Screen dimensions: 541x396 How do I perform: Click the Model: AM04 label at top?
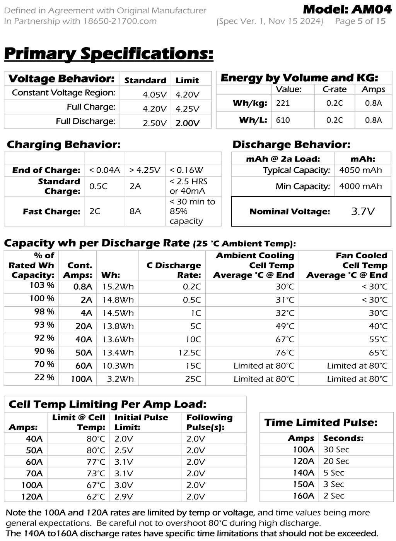coord(347,9)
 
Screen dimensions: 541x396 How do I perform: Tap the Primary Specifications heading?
coord(109,53)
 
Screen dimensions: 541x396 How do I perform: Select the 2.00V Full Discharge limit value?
coord(188,123)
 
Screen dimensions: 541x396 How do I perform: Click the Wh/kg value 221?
coord(283,103)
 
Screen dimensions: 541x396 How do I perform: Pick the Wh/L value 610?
coord(283,120)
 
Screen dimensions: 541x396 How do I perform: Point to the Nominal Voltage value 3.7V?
coord(363,211)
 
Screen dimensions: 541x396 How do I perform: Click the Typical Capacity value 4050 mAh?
coord(360,170)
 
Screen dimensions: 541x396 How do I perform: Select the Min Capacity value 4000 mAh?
coord(360,186)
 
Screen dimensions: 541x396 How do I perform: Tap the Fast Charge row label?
coord(51,211)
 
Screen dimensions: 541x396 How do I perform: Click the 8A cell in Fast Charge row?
coord(135,211)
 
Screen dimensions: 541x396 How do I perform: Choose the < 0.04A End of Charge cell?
coord(104,170)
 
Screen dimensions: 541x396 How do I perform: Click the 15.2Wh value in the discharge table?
coord(118,287)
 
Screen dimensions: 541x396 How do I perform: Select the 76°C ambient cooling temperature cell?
coord(285,352)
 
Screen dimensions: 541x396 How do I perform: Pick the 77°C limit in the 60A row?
coord(96,462)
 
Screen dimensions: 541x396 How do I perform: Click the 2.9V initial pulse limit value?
coord(123,496)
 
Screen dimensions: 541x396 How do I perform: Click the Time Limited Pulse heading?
coord(321,422)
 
